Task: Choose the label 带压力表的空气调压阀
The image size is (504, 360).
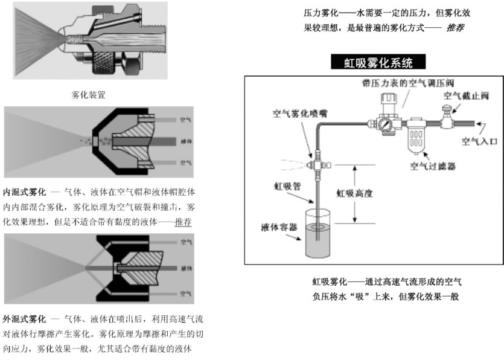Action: pos(398,83)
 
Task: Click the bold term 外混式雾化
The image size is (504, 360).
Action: pos(25,318)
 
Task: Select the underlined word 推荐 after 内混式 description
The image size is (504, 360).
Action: pos(183,222)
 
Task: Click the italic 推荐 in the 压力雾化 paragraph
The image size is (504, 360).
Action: pos(455,28)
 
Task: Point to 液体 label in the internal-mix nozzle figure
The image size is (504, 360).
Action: pos(186,141)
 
